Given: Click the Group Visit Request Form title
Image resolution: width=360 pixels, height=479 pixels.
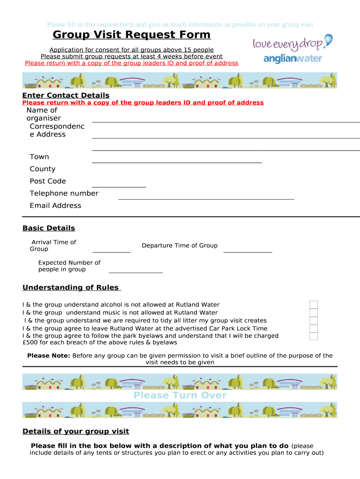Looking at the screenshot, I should [x=131, y=35].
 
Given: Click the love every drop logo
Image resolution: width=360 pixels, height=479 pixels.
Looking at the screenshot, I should [x=292, y=43].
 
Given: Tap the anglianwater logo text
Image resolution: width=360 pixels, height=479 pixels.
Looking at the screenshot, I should [x=293, y=59].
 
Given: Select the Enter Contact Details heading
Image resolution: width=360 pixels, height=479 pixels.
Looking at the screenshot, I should [x=66, y=95].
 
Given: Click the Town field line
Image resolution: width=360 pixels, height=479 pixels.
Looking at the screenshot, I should [x=177, y=162].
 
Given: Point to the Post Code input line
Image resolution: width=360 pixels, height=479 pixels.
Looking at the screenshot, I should [x=119, y=187].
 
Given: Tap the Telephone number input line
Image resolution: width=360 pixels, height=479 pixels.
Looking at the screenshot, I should [x=206, y=199].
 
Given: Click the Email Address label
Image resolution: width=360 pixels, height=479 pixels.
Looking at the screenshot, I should [x=55, y=205].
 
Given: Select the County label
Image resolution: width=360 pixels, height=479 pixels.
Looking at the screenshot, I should [x=43, y=169].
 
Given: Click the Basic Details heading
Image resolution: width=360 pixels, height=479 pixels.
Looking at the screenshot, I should [x=49, y=228].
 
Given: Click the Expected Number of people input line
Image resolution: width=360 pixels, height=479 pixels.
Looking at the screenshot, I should [x=136, y=272].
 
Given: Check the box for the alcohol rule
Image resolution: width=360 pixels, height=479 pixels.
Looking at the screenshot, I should [x=314, y=305].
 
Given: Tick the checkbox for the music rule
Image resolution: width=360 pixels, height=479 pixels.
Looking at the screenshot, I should [x=314, y=313].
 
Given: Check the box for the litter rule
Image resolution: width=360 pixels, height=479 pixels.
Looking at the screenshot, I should [x=314, y=320].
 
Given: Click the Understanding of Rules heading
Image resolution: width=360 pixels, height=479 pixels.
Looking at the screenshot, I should [x=72, y=288].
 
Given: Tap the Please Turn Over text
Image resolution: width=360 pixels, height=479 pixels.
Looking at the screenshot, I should [x=180, y=396].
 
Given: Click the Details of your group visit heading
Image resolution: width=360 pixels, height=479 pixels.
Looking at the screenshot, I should [x=76, y=431].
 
